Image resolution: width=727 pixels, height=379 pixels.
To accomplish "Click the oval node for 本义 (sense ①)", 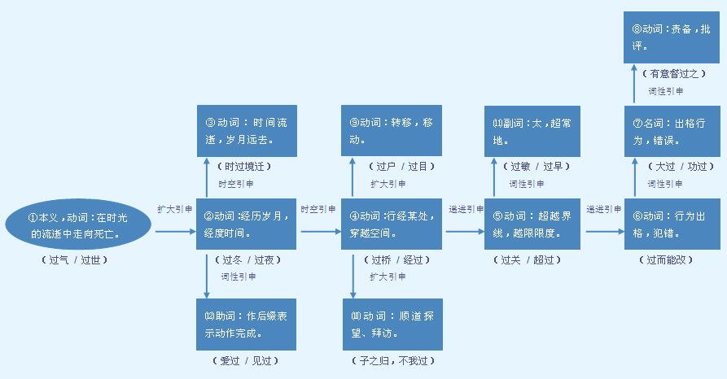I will pyautogui.click(x=78, y=225).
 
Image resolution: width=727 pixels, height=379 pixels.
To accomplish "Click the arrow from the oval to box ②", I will pyautogui.click(x=175, y=232).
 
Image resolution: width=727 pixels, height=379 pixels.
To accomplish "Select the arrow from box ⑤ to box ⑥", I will pyautogui.click(x=604, y=232).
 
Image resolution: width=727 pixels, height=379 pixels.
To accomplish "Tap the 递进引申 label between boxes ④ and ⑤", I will pyautogui.click(x=466, y=209).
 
